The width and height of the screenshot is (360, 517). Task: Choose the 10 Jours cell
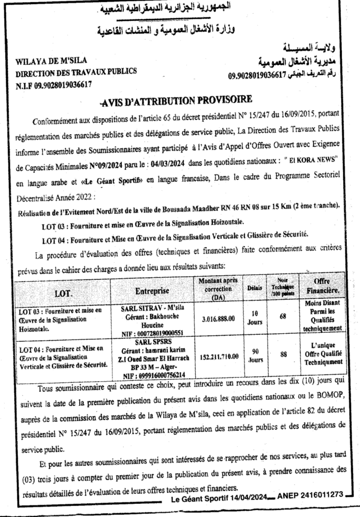tap(255, 317)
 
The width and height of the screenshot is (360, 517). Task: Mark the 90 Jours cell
tap(255, 355)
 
